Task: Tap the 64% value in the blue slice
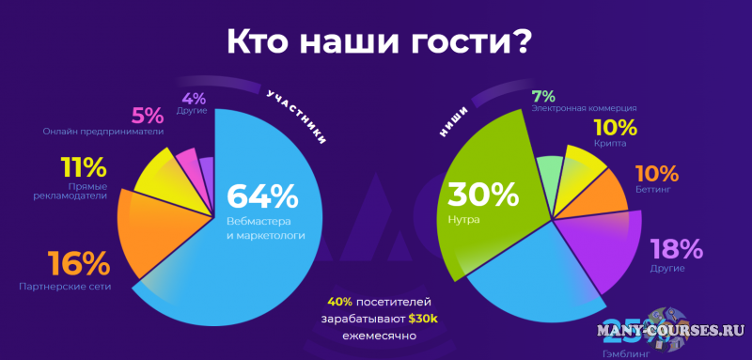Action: point(262,197)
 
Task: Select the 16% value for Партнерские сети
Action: point(78,261)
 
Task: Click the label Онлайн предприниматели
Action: point(103,132)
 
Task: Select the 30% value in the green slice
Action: point(482,195)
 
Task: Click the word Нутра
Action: point(464,220)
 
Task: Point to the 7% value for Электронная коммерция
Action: point(542,96)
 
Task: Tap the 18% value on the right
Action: point(677,249)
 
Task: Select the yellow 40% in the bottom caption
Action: point(340,303)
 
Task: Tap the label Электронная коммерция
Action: point(585,109)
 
